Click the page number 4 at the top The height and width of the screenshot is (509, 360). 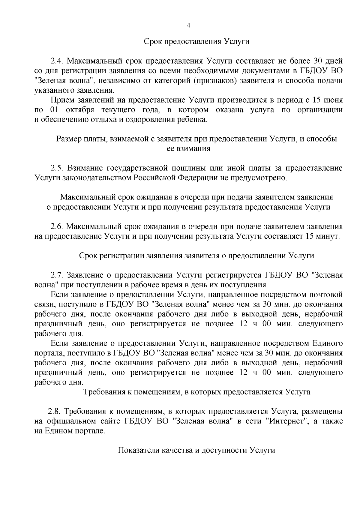(x=188, y=26)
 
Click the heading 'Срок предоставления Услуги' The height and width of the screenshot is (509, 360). (x=196, y=41)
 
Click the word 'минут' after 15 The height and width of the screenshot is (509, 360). (x=328, y=236)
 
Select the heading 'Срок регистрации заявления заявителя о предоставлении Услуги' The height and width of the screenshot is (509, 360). (x=196, y=256)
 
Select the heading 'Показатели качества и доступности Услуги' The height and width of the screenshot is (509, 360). (x=196, y=451)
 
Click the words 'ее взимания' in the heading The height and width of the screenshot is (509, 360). (x=188, y=149)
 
